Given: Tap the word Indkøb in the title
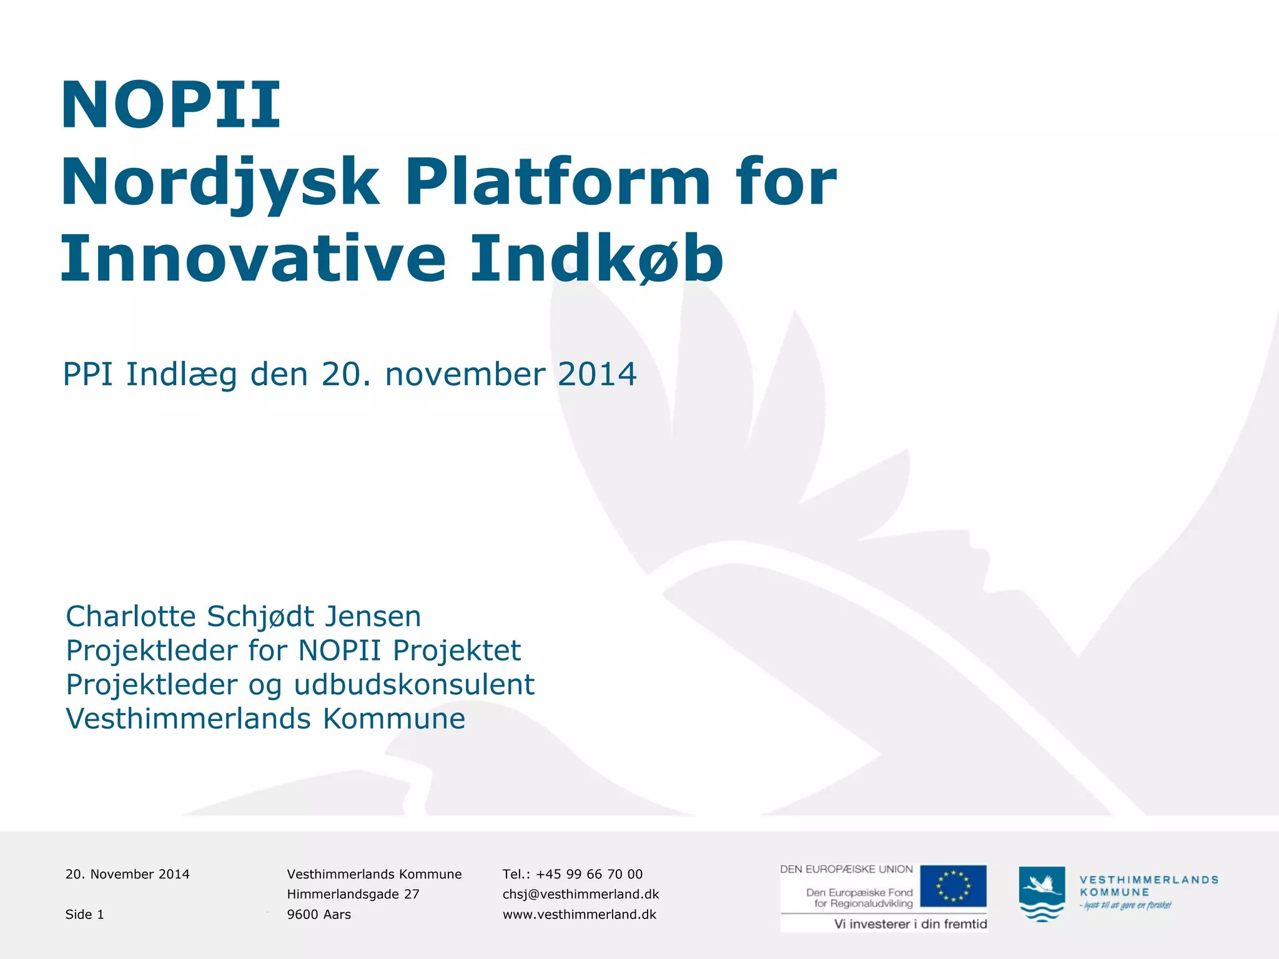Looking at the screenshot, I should (596, 258).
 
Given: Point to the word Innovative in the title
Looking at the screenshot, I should (253, 258).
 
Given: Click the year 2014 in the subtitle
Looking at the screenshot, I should (597, 375).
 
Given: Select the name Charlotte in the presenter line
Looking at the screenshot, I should (131, 616).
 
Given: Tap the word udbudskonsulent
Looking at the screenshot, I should (414, 684).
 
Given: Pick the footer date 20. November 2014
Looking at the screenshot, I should (127, 874).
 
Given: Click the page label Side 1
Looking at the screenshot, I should (85, 915).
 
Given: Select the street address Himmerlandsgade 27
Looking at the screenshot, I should (353, 894).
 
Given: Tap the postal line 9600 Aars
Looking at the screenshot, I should (319, 915).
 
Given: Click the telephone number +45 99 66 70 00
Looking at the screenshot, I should (589, 874).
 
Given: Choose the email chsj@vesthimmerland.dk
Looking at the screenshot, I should (581, 894).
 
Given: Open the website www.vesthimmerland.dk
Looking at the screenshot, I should (580, 915).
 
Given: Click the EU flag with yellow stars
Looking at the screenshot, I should (953, 886).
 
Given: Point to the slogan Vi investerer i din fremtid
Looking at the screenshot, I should (911, 924).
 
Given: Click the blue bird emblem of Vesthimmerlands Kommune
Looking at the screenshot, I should (1042, 893).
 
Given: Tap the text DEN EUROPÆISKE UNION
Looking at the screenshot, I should (846, 869).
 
